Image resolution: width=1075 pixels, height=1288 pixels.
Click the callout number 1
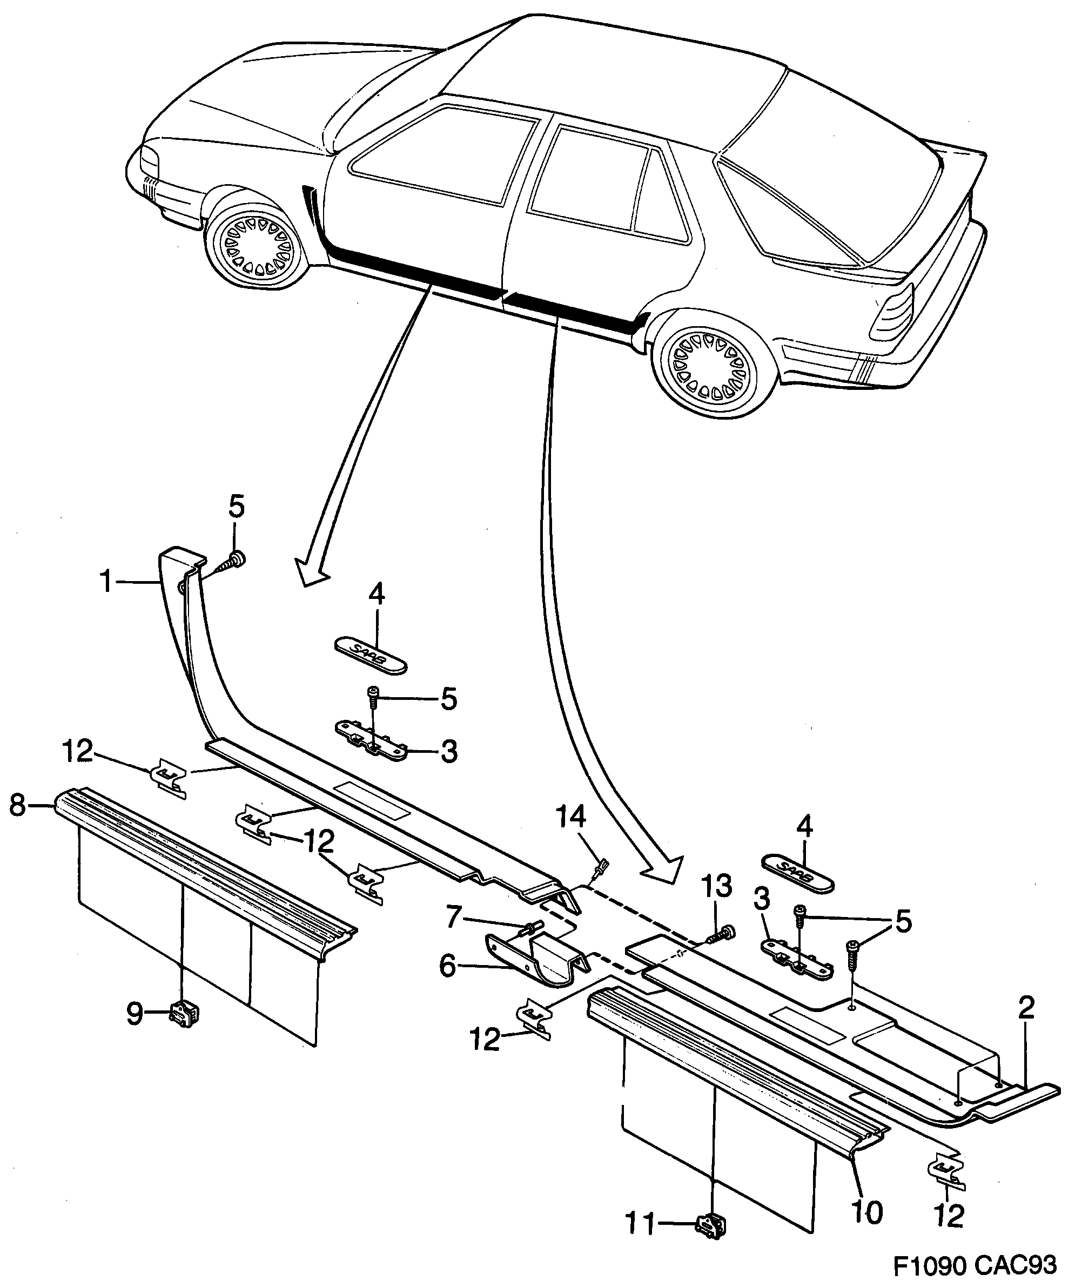(x=106, y=582)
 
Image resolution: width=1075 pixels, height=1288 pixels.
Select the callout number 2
(x=1025, y=1008)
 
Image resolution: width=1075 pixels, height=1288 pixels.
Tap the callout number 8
(x=18, y=805)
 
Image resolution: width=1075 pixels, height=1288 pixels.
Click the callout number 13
(x=717, y=886)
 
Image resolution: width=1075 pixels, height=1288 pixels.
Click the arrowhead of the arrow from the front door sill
(x=311, y=570)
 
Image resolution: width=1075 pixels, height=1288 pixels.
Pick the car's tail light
(x=893, y=313)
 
